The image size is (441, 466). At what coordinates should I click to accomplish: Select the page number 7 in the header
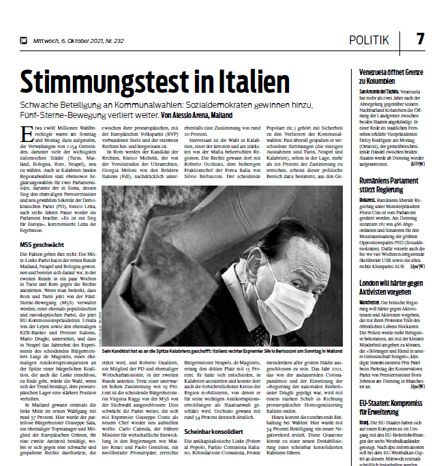(x=420, y=39)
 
